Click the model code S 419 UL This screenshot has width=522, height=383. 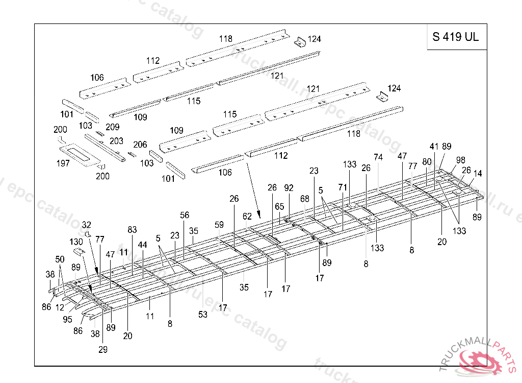(456, 37)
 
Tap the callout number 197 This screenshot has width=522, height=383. (63, 163)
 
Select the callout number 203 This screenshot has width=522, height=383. (116, 141)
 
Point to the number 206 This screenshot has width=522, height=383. (140, 145)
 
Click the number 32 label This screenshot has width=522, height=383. (87, 225)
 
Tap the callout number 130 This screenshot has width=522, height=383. (76, 242)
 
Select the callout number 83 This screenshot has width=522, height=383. (133, 230)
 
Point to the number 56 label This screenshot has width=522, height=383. (184, 215)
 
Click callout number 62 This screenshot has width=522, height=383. (247, 217)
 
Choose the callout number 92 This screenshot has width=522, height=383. (289, 188)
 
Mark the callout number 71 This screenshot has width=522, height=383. (343, 187)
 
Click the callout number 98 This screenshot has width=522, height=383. (461, 160)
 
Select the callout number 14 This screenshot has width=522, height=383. (477, 174)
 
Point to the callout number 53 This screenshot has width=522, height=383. (203, 315)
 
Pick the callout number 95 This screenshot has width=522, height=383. (67, 320)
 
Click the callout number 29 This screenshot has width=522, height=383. (103, 349)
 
